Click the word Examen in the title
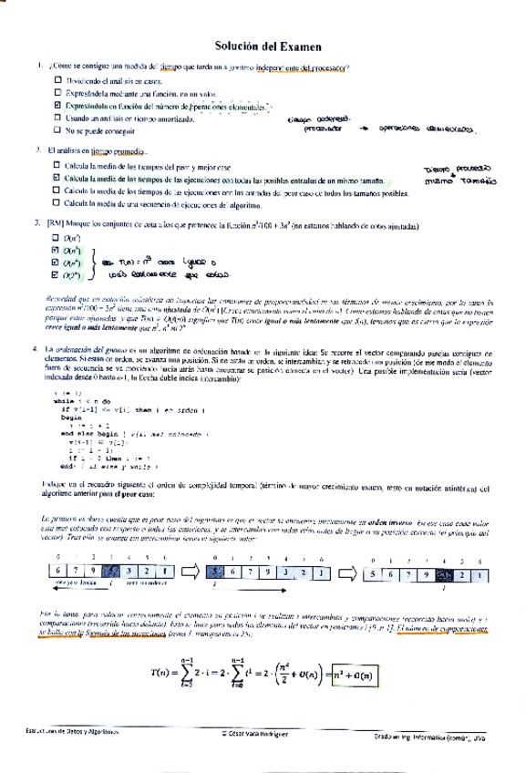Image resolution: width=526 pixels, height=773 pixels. click(294, 44)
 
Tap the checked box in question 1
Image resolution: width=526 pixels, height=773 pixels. click(57, 108)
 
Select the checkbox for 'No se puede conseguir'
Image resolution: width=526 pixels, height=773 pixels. click(57, 132)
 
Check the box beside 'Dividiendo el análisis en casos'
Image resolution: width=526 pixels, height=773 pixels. click(57, 82)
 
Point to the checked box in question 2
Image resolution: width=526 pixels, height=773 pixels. click(57, 180)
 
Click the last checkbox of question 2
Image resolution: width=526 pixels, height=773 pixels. click(57, 206)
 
